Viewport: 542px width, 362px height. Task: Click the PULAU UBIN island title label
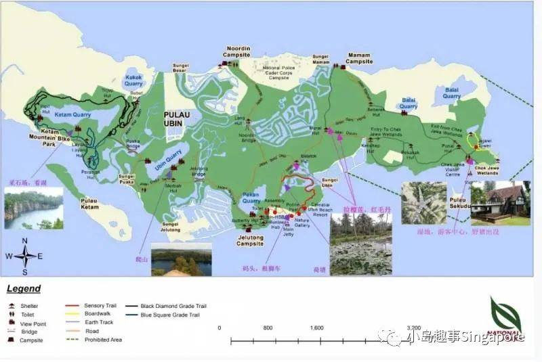click(x=179, y=120)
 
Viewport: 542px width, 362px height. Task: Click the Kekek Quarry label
click(x=134, y=81)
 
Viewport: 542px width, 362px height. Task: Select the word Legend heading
click(x=24, y=289)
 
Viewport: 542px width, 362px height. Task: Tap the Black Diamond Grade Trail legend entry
click(x=173, y=306)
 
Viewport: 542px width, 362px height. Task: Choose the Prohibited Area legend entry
click(x=103, y=340)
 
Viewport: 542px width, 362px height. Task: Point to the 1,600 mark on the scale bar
click(x=316, y=327)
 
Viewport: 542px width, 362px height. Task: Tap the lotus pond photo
click(x=360, y=244)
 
